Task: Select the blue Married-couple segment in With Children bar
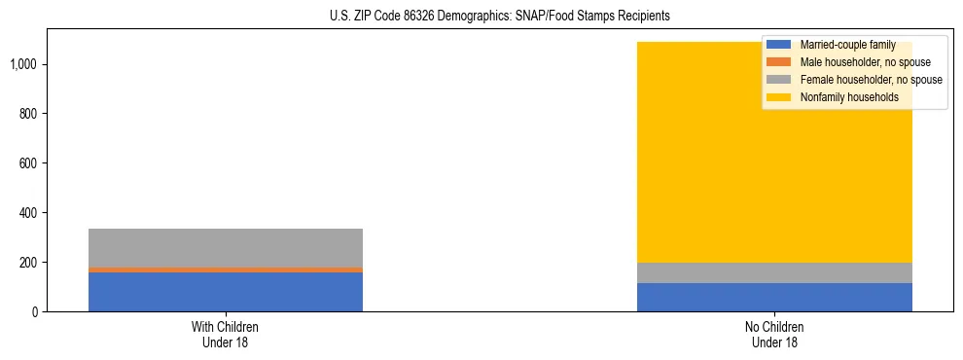tap(226, 292)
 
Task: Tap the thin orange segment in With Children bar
tap(226, 270)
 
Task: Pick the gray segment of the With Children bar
tap(226, 247)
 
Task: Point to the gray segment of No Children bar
tap(774, 272)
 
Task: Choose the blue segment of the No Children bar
tap(774, 297)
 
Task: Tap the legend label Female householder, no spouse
tap(870, 80)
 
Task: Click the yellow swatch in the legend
tap(779, 97)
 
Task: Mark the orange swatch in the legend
tap(779, 62)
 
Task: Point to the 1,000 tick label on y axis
tap(24, 64)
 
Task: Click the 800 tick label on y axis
tap(29, 114)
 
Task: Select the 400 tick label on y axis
tap(29, 213)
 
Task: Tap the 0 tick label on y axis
tap(35, 312)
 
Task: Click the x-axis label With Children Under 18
tap(226, 334)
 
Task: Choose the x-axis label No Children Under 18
tap(774, 334)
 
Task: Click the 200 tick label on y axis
tap(29, 263)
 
